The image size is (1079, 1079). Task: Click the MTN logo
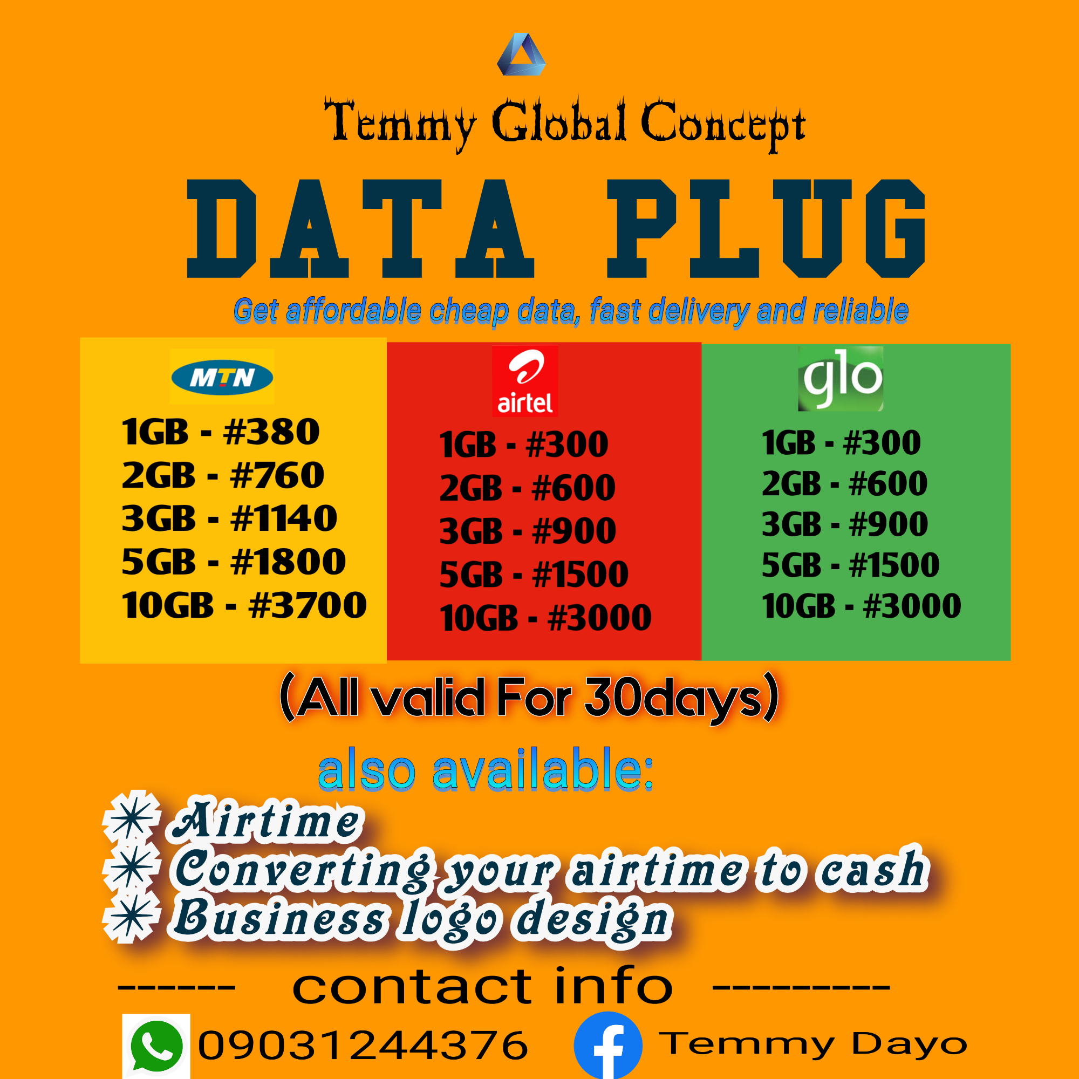click(x=222, y=377)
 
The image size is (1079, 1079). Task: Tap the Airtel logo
click(x=525, y=381)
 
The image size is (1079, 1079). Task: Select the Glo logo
click(x=841, y=379)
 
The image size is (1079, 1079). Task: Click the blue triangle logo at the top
click(x=521, y=54)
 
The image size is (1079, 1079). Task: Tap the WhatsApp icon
click(x=156, y=1046)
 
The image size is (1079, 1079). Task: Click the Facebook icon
click(x=608, y=1046)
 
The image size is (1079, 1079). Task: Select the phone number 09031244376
click(x=363, y=1045)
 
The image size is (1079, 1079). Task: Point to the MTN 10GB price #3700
click(x=308, y=605)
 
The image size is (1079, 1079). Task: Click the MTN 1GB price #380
click(x=271, y=432)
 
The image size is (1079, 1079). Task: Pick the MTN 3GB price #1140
click(x=284, y=518)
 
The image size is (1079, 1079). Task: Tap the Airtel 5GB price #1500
click(x=581, y=574)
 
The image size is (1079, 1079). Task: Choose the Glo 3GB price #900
click(x=889, y=524)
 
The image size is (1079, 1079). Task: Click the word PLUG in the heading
click(x=766, y=228)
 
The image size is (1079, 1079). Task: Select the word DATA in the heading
click(x=361, y=228)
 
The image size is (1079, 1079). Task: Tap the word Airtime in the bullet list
click(x=266, y=820)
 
